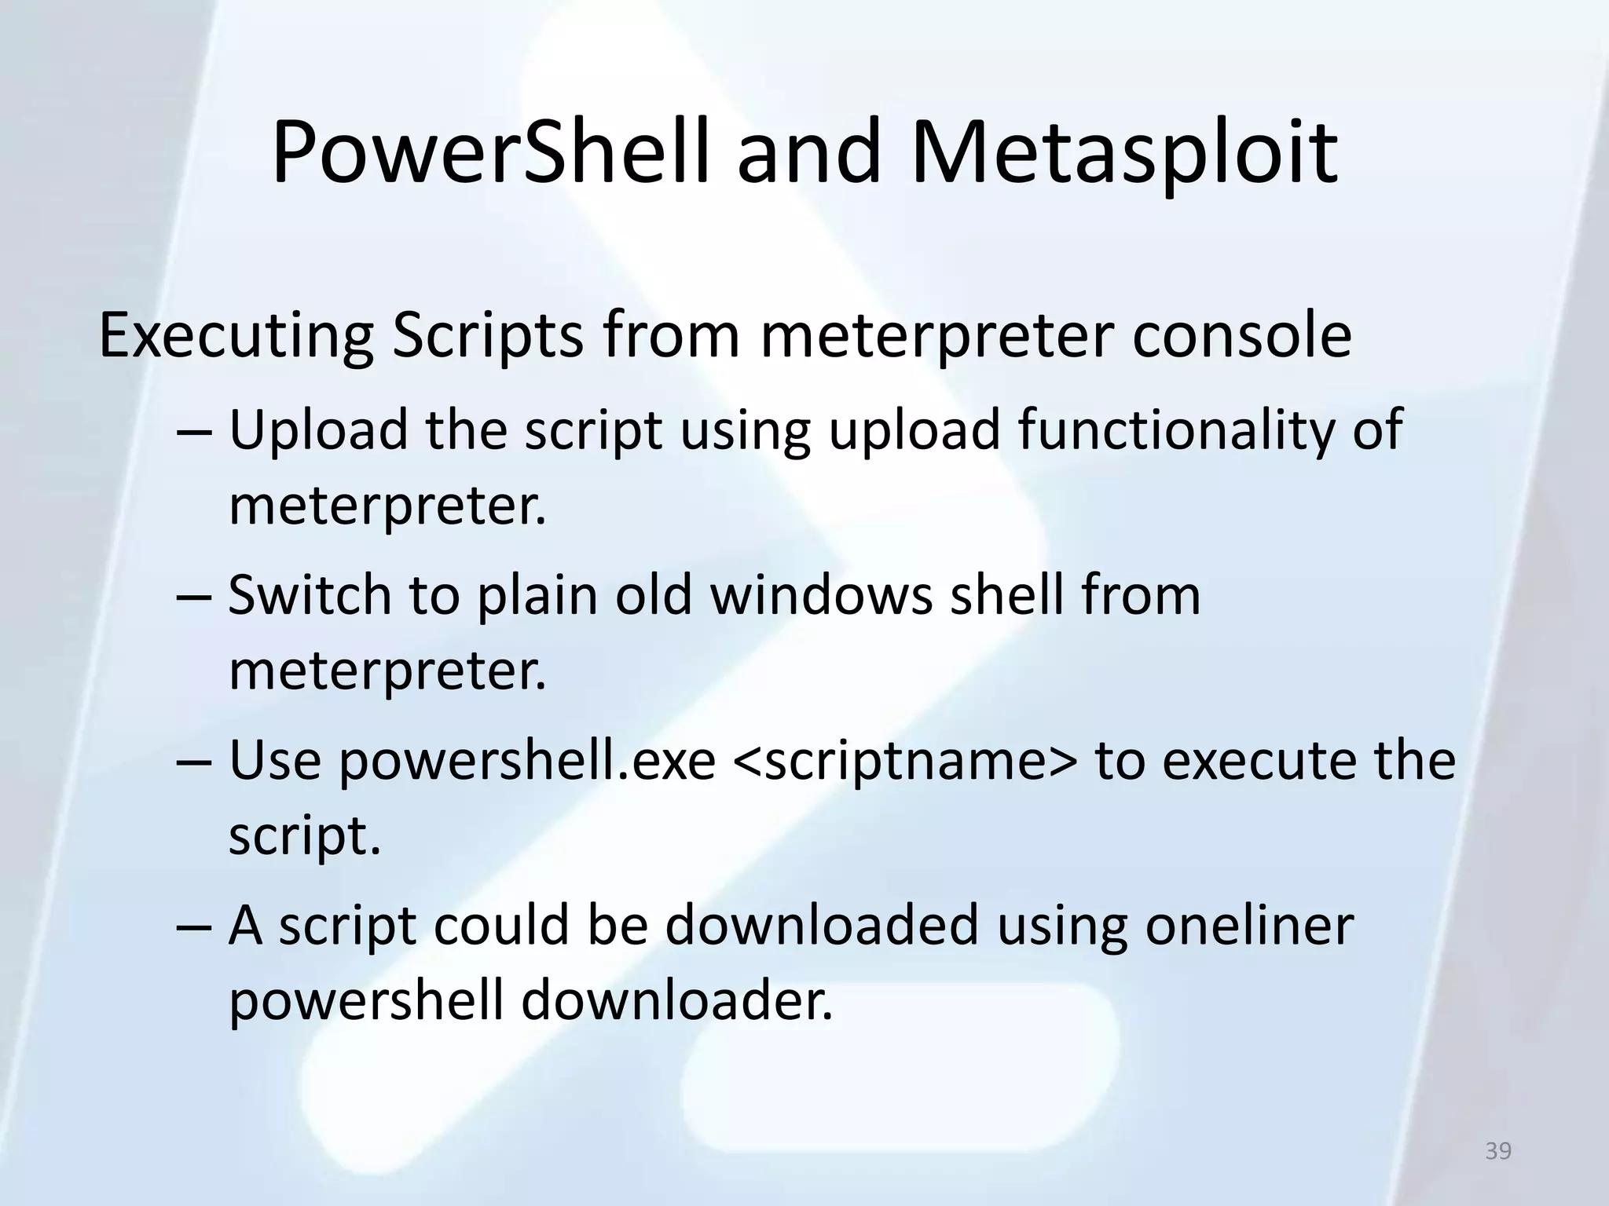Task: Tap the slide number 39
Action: [1498, 1151]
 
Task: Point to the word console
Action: [1241, 336]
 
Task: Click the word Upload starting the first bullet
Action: [318, 432]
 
